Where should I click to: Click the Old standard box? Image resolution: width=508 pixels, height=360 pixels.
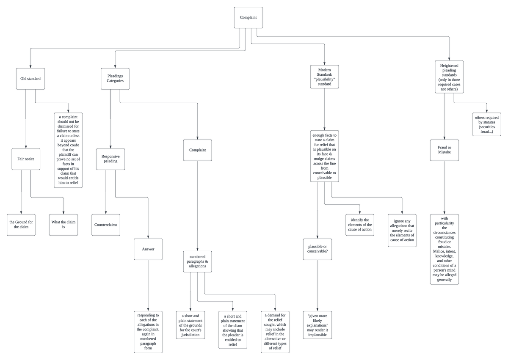point(30,79)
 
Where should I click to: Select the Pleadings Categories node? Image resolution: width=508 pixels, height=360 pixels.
point(115,79)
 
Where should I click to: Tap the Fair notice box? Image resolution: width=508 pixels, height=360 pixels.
point(26,159)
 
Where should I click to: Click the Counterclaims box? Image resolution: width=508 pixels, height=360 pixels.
point(106,225)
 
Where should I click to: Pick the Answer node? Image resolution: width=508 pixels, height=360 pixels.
point(148,249)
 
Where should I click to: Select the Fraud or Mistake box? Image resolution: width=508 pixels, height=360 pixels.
point(444,150)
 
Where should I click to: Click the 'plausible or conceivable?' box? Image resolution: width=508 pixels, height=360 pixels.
point(317,249)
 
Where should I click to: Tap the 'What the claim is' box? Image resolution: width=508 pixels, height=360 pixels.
point(63,225)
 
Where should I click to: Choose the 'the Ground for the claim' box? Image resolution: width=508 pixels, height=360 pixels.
point(21,225)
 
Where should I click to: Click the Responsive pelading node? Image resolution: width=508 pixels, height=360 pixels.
point(110,159)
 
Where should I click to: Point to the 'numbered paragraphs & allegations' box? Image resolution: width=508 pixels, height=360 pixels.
point(198,261)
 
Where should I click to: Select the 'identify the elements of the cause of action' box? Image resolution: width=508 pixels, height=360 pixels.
point(360,225)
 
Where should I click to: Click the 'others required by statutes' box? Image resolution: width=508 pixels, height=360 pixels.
point(487,124)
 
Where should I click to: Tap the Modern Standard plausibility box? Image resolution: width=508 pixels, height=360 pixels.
point(325,77)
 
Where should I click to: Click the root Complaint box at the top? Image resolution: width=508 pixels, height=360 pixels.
point(248,17)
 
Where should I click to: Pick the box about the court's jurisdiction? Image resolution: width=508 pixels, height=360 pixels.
point(190,325)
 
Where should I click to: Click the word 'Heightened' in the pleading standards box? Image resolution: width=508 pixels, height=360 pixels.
point(449,66)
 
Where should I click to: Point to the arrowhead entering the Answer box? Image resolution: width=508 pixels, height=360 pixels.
point(148,237)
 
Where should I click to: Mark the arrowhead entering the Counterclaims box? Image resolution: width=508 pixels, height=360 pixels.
point(106,213)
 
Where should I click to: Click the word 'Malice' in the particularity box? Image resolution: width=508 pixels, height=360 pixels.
point(438,251)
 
